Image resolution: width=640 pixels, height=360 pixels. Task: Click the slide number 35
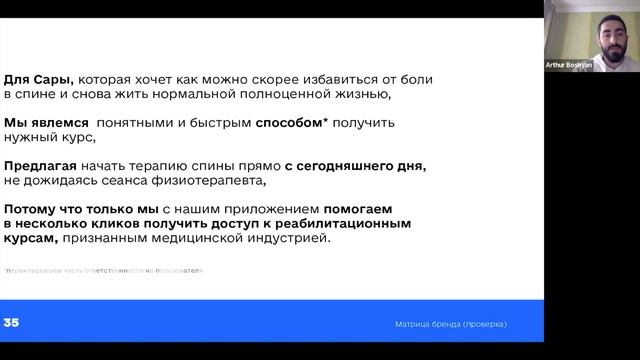[x=12, y=323]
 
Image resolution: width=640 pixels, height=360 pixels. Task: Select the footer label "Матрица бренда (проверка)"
[x=450, y=324]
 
